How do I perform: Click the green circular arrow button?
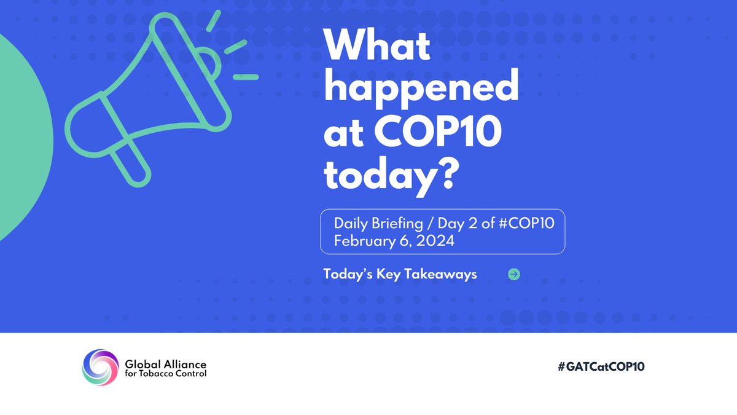pos(514,274)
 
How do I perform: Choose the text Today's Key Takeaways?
pos(400,274)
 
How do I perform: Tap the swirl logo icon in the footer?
pos(99,368)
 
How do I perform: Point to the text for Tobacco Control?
pos(165,373)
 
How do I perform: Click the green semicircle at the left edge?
pos(21,135)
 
